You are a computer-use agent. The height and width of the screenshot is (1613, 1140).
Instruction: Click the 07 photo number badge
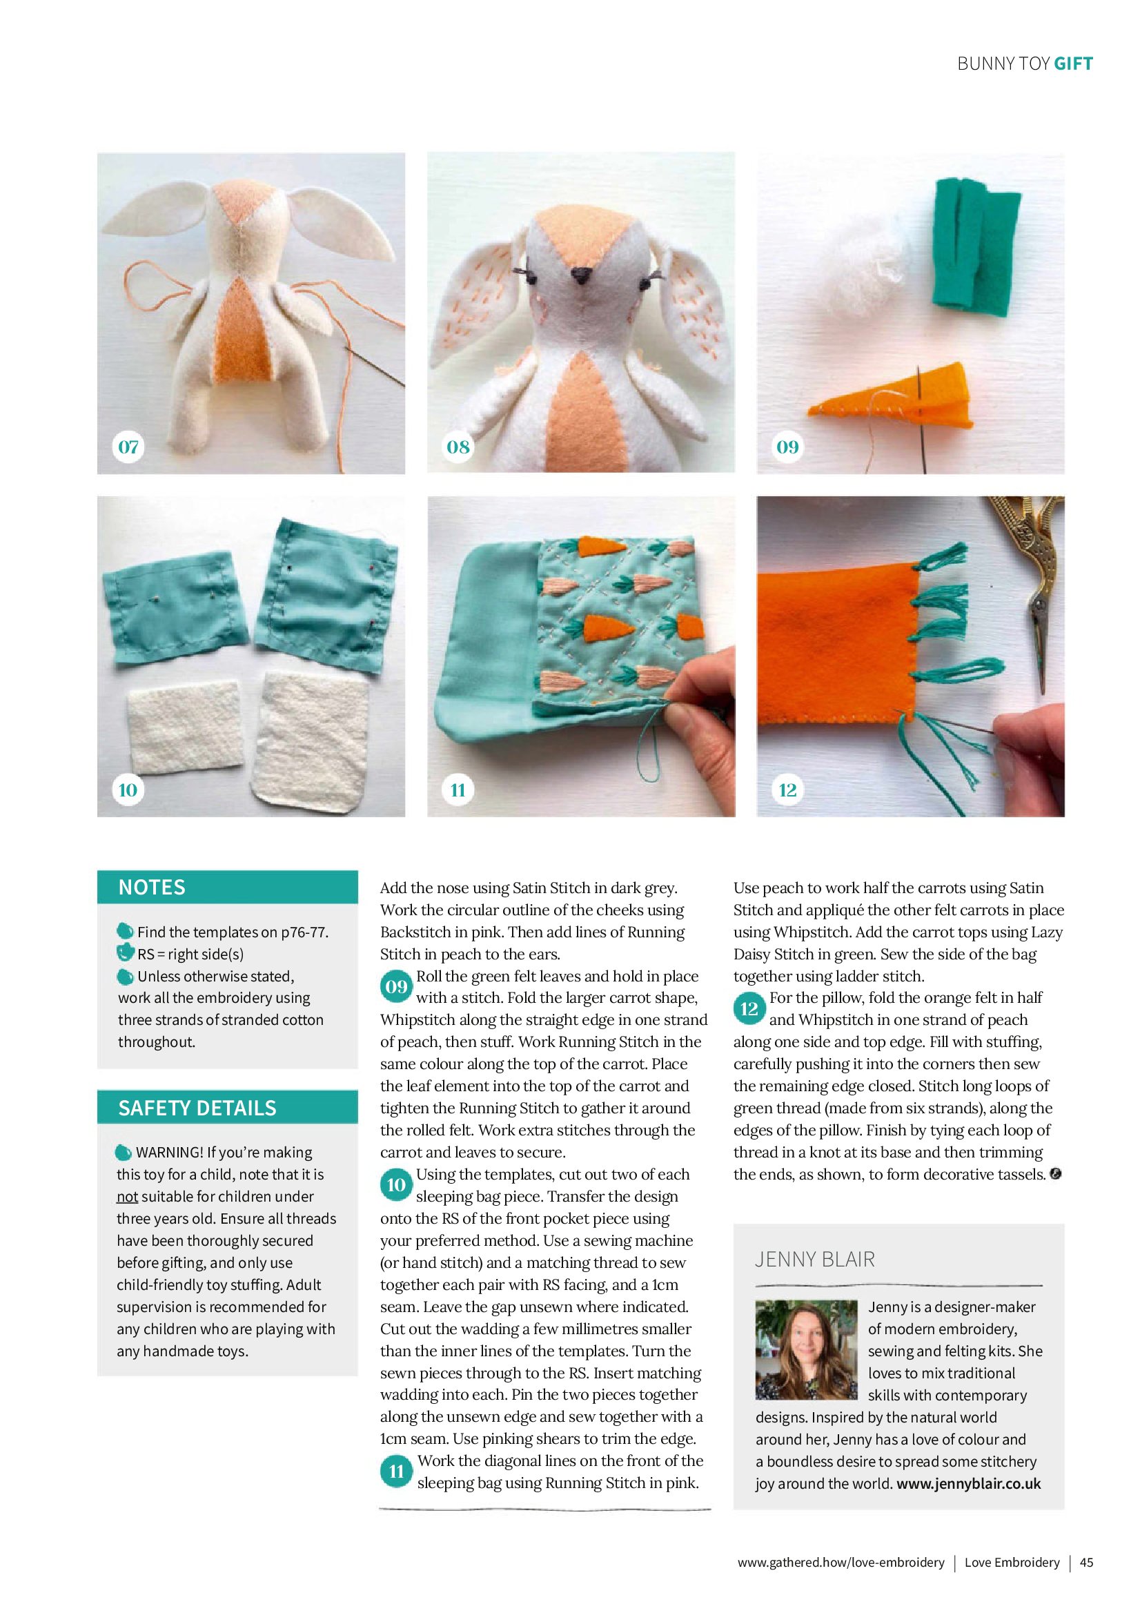(x=128, y=447)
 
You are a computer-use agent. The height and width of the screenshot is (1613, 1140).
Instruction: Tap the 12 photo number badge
(x=787, y=790)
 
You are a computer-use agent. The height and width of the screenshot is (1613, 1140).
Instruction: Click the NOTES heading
(x=152, y=888)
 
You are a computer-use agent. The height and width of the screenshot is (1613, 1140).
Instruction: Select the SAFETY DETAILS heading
(x=197, y=1108)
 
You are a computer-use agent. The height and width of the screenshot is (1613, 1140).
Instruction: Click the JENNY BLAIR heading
(x=815, y=1260)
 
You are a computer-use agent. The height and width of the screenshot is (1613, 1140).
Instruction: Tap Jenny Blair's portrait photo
(x=807, y=1350)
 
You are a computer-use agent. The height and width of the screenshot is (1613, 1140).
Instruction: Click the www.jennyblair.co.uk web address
(x=969, y=1484)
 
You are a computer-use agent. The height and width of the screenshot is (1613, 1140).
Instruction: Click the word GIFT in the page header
(x=1073, y=64)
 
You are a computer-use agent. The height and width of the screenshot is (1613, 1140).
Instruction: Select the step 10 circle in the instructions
(x=396, y=1185)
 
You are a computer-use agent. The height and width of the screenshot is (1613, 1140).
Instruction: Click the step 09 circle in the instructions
(x=396, y=987)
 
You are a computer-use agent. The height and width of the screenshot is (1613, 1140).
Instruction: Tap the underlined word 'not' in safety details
(x=126, y=1196)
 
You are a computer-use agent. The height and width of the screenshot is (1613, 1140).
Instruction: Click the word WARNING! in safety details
(x=169, y=1152)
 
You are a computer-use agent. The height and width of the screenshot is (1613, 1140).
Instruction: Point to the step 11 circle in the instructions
(x=396, y=1472)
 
